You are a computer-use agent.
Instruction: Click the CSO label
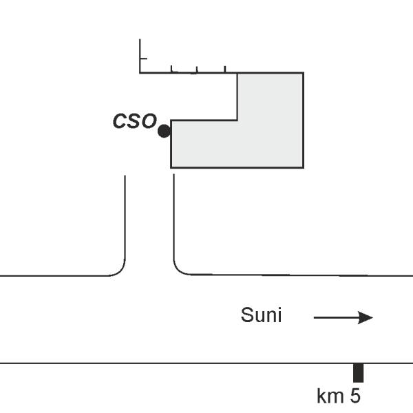(x=134, y=122)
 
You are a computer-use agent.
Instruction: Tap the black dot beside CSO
(x=164, y=131)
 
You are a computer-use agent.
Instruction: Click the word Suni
(x=261, y=316)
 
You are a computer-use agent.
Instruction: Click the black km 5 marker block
(x=358, y=372)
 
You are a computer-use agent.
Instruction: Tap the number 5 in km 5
(x=354, y=396)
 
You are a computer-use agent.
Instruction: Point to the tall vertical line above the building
(x=140, y=55)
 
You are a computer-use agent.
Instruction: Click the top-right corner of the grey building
(x=303, y=73)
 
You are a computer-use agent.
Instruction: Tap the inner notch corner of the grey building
(x=237, y=120)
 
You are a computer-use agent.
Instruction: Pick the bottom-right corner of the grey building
(x=303, y=167)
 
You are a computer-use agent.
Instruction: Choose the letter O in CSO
(x=148, y=122)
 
